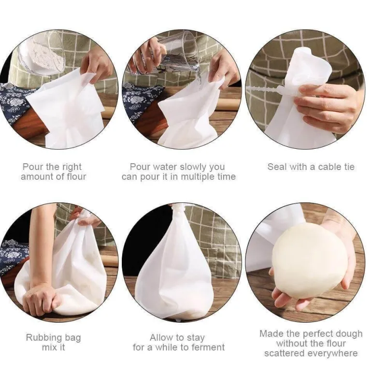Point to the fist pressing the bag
pos(42,297)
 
